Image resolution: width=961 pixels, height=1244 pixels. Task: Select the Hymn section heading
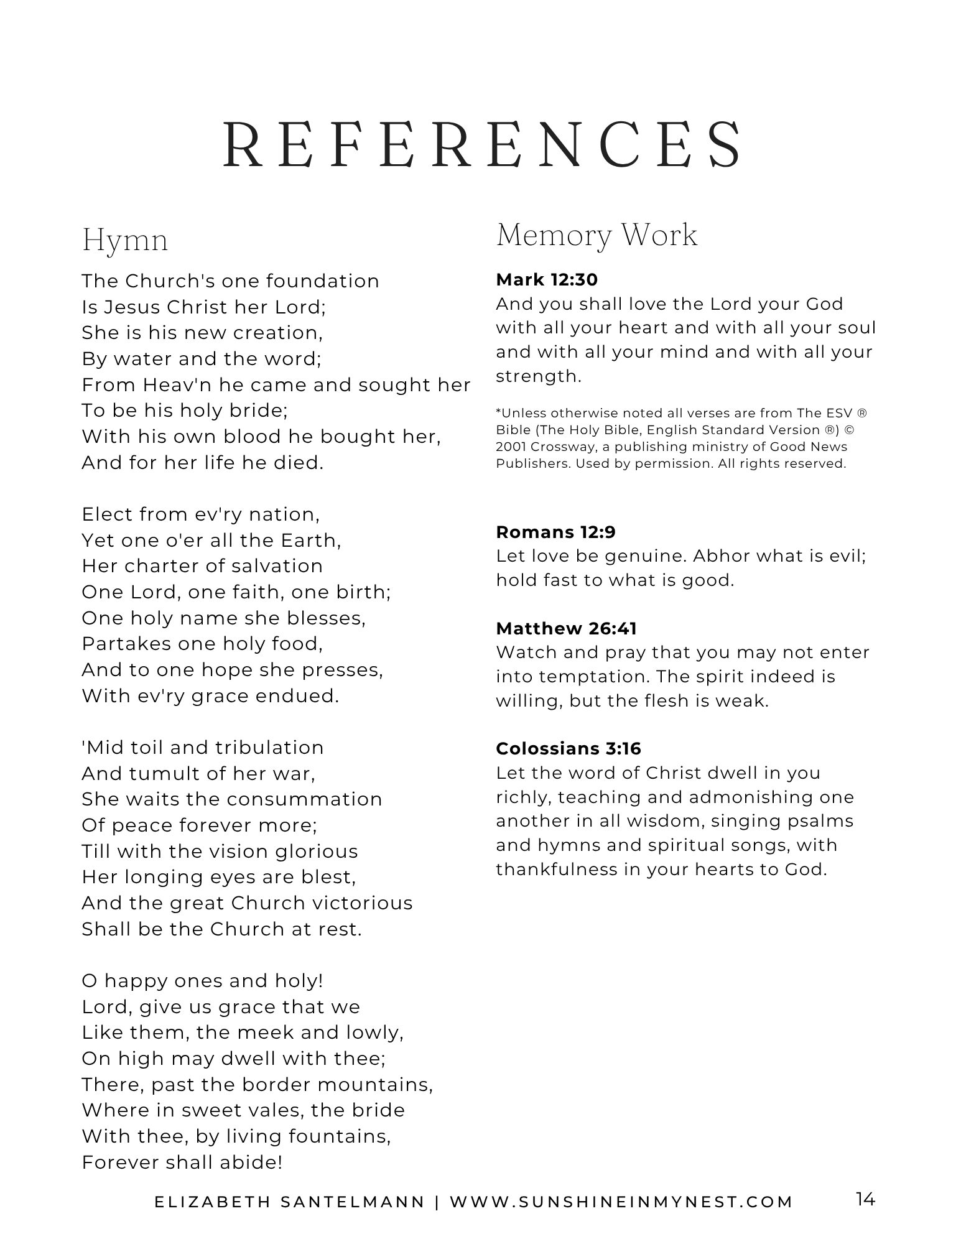point(125,241)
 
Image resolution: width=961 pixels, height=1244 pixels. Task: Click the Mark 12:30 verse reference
point(547,280)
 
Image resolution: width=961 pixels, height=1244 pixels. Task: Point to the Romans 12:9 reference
point(555,532)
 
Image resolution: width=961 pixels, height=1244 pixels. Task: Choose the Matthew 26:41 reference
point(566,628)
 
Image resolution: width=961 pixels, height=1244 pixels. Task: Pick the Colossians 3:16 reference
point(569,748)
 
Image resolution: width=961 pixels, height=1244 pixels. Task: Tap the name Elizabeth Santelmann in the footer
point(289,1202)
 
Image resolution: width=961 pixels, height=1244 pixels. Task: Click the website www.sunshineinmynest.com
point(621,1202)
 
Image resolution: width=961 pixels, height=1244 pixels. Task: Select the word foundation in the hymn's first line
point(323,281)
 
